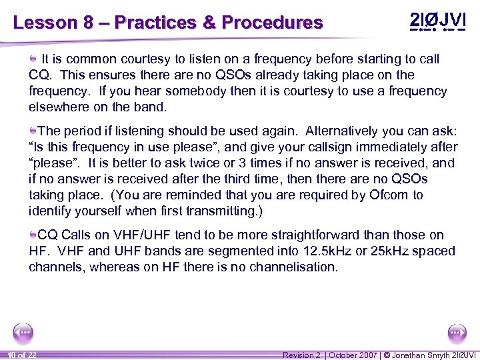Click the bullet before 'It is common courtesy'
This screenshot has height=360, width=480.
point(33,59)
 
